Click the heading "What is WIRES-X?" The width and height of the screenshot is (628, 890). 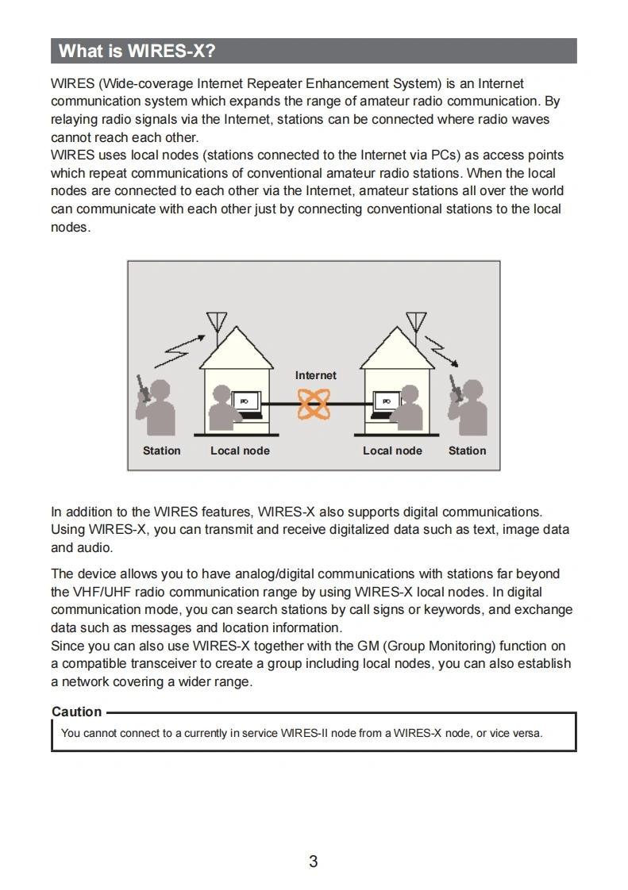137,52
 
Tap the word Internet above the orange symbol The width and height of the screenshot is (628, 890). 315,375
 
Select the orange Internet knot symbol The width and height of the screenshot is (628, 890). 314,405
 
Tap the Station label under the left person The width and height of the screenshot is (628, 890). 161,451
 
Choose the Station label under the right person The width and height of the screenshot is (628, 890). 467,451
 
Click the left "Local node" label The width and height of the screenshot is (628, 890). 240,451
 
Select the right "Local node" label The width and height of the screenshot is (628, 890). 392,451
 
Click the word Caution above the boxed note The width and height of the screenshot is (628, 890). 77,712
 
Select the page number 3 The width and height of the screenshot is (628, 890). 314,861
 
